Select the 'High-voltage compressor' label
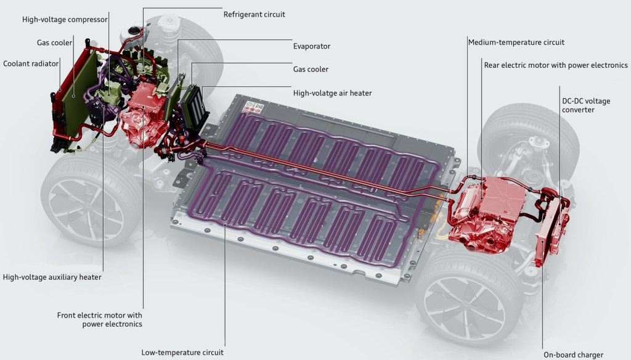[65, 20]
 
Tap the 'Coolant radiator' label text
[31, 63]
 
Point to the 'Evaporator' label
[312, 46]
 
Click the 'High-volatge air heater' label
[332, 93]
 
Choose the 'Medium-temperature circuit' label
[516, 43]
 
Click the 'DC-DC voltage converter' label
[586, 105]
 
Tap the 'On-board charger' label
[572, 354]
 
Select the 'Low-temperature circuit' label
[182, 353]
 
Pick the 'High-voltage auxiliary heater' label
[52, 277]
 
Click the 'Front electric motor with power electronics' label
[99, 319]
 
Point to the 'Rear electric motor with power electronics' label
[556, 65]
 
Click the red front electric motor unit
[146, 117]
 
